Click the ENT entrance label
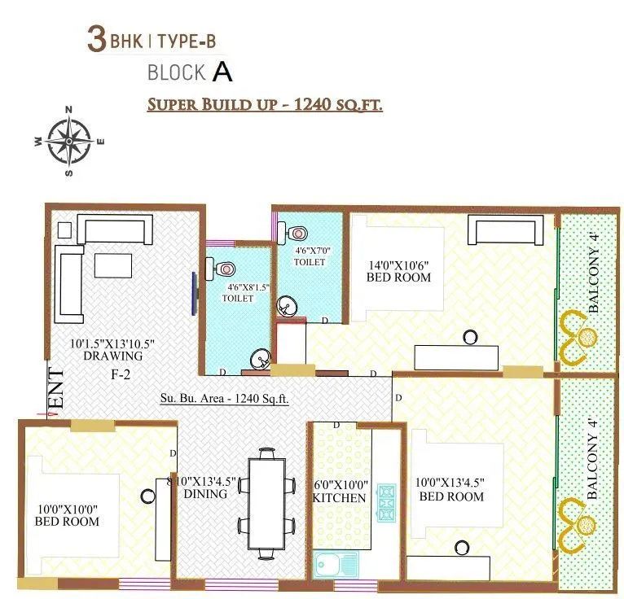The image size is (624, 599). (x=56, y=390)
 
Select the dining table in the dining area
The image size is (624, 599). (x=266, y=505)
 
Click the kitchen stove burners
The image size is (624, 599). (x=385, y=502)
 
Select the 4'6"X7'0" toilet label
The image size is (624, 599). (x=310, y=251)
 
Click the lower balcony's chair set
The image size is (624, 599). (x=581, y=522)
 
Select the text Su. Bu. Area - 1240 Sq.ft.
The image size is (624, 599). (x=224, y=399)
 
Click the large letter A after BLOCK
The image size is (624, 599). (x=222, y=72)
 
